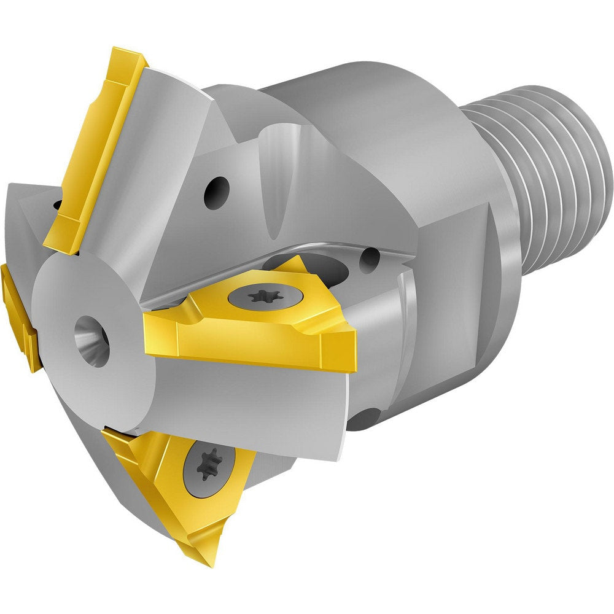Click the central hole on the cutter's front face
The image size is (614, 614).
[x=92, y=341]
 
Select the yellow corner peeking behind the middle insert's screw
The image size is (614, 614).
[x=295, y=265]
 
